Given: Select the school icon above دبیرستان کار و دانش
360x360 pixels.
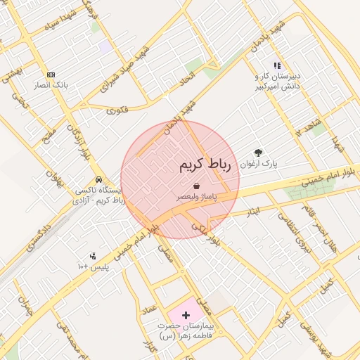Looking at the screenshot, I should coord(277,65).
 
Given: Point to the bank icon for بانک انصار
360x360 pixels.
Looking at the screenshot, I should coord(51,75).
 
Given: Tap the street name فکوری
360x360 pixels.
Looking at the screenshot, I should coord(117,110).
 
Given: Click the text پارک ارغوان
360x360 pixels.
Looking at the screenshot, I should coord(259,163).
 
